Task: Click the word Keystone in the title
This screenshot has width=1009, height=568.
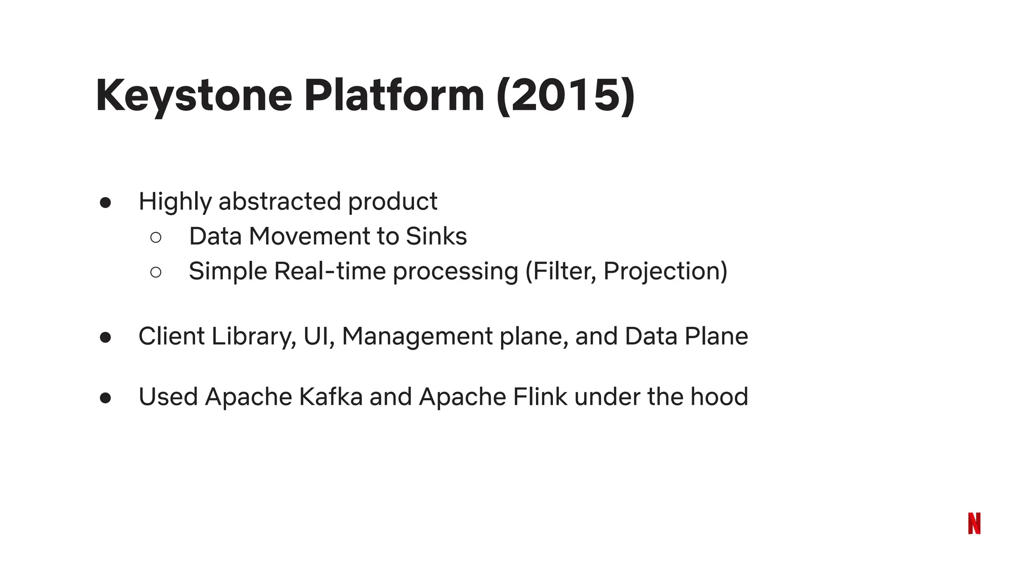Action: pos(194,96)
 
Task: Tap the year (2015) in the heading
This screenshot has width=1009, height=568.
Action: pos(566,96)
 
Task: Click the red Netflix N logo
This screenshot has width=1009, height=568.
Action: pos(974,523)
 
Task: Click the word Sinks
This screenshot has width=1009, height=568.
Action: pos(436,236)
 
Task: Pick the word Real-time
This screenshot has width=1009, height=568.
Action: pos(330,271)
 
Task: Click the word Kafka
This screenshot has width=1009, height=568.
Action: pos(331,397)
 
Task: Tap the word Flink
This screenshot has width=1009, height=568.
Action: pos(540,397)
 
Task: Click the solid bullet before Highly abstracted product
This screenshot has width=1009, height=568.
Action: pos(105,203)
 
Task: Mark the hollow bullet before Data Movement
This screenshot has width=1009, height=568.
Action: pos(156,238)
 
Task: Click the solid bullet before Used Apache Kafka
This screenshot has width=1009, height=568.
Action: pos(105,398)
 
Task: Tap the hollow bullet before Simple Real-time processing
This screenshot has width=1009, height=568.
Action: pos(156,272)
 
